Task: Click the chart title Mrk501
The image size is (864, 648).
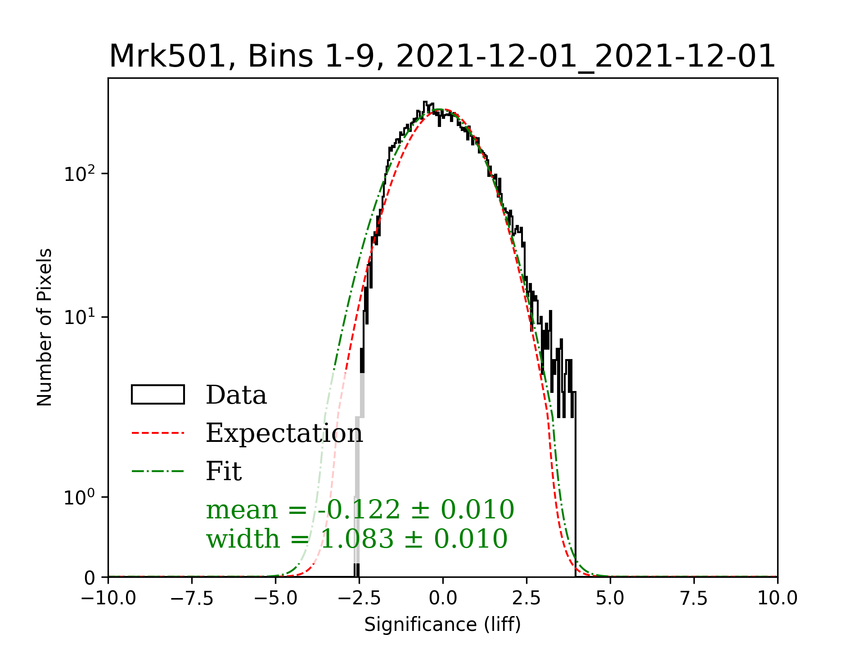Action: point(442,57)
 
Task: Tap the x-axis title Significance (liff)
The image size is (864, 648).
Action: point(442,625)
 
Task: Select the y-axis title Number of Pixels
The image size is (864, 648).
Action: point(45,327)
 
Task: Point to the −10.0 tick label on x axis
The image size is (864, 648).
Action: point(108,598)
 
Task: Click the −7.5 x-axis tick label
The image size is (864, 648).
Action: point(192,598)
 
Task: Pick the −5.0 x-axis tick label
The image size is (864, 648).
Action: point(275,598)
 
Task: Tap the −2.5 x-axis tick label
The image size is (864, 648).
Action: point(359,598)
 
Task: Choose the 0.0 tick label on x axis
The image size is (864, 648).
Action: point(443,598)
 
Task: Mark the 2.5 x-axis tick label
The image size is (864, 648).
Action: point(526,598)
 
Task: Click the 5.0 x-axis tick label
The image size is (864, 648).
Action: point(610,598)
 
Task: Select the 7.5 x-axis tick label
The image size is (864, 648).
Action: point(694,598)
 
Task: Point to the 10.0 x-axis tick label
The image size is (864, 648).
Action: point(778,598)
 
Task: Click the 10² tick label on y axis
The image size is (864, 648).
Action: point(80,174)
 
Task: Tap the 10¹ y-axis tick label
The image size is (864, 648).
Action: point(80,317)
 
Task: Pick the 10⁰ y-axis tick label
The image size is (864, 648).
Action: point(80,497)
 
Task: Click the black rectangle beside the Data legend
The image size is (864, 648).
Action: point(157,395)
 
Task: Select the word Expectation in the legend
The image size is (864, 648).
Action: point(284,433)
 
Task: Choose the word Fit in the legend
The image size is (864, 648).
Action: point(224,471)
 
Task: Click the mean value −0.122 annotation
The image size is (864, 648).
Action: point(360,510)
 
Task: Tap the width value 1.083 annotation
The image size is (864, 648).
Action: point(357,539)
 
